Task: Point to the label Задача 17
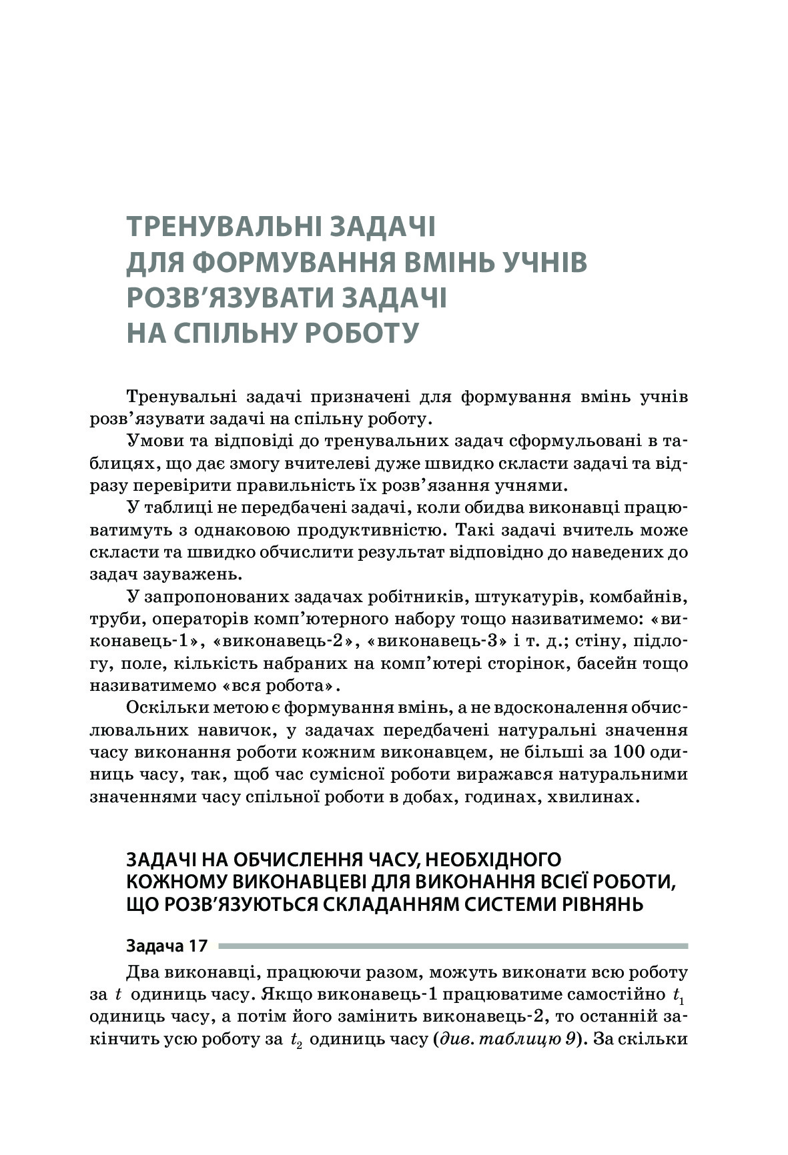tap(167, 946)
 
